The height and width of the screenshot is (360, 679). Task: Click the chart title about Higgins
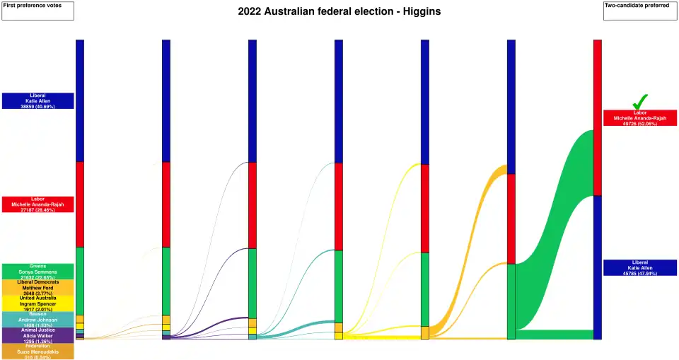pyautogui.click(x=339, y=12)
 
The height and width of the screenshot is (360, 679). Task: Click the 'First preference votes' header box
pyautogui.click(x=37, y=11)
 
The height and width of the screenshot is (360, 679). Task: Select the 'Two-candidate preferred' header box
pyautogui.click(x=640, y=11)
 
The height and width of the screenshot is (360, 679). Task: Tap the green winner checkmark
pyautogui.click(x=640, y=102)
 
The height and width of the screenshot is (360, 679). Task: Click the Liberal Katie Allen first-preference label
pyautogui.click(x=37, y=100)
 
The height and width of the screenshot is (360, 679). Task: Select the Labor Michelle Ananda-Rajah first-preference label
pyautogui.click(x=37, y=204)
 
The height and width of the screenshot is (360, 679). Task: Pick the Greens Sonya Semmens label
pyautogui.click(x=37, y=271)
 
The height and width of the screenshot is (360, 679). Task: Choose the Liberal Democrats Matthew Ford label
pyautogui.click(x=37, y=287)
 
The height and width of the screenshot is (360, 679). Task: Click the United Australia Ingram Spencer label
pyautogui.click(x=37, y=303)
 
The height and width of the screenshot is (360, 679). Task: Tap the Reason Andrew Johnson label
pyautogui.click(x=37, y=319)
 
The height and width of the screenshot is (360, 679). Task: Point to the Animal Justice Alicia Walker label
pyautogui.click(x=37, y=335)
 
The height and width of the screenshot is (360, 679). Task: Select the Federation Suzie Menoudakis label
pyautogui.click(x=37, y=351)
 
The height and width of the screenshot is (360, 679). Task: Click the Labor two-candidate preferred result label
pyautogui.click(x=640, y=117)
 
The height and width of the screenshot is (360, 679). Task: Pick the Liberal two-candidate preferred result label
pyautogui.click(x=640, y=267)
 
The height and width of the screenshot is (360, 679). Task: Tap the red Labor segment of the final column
pyautogui.click(x=598, y=117)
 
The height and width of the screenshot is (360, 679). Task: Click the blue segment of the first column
pyautogui.click(x=80, y=100)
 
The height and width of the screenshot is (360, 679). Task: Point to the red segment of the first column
pyautogui.click(x=80, y=204)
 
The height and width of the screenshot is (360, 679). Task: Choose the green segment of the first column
pyautogui.click(x=80, y=280)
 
